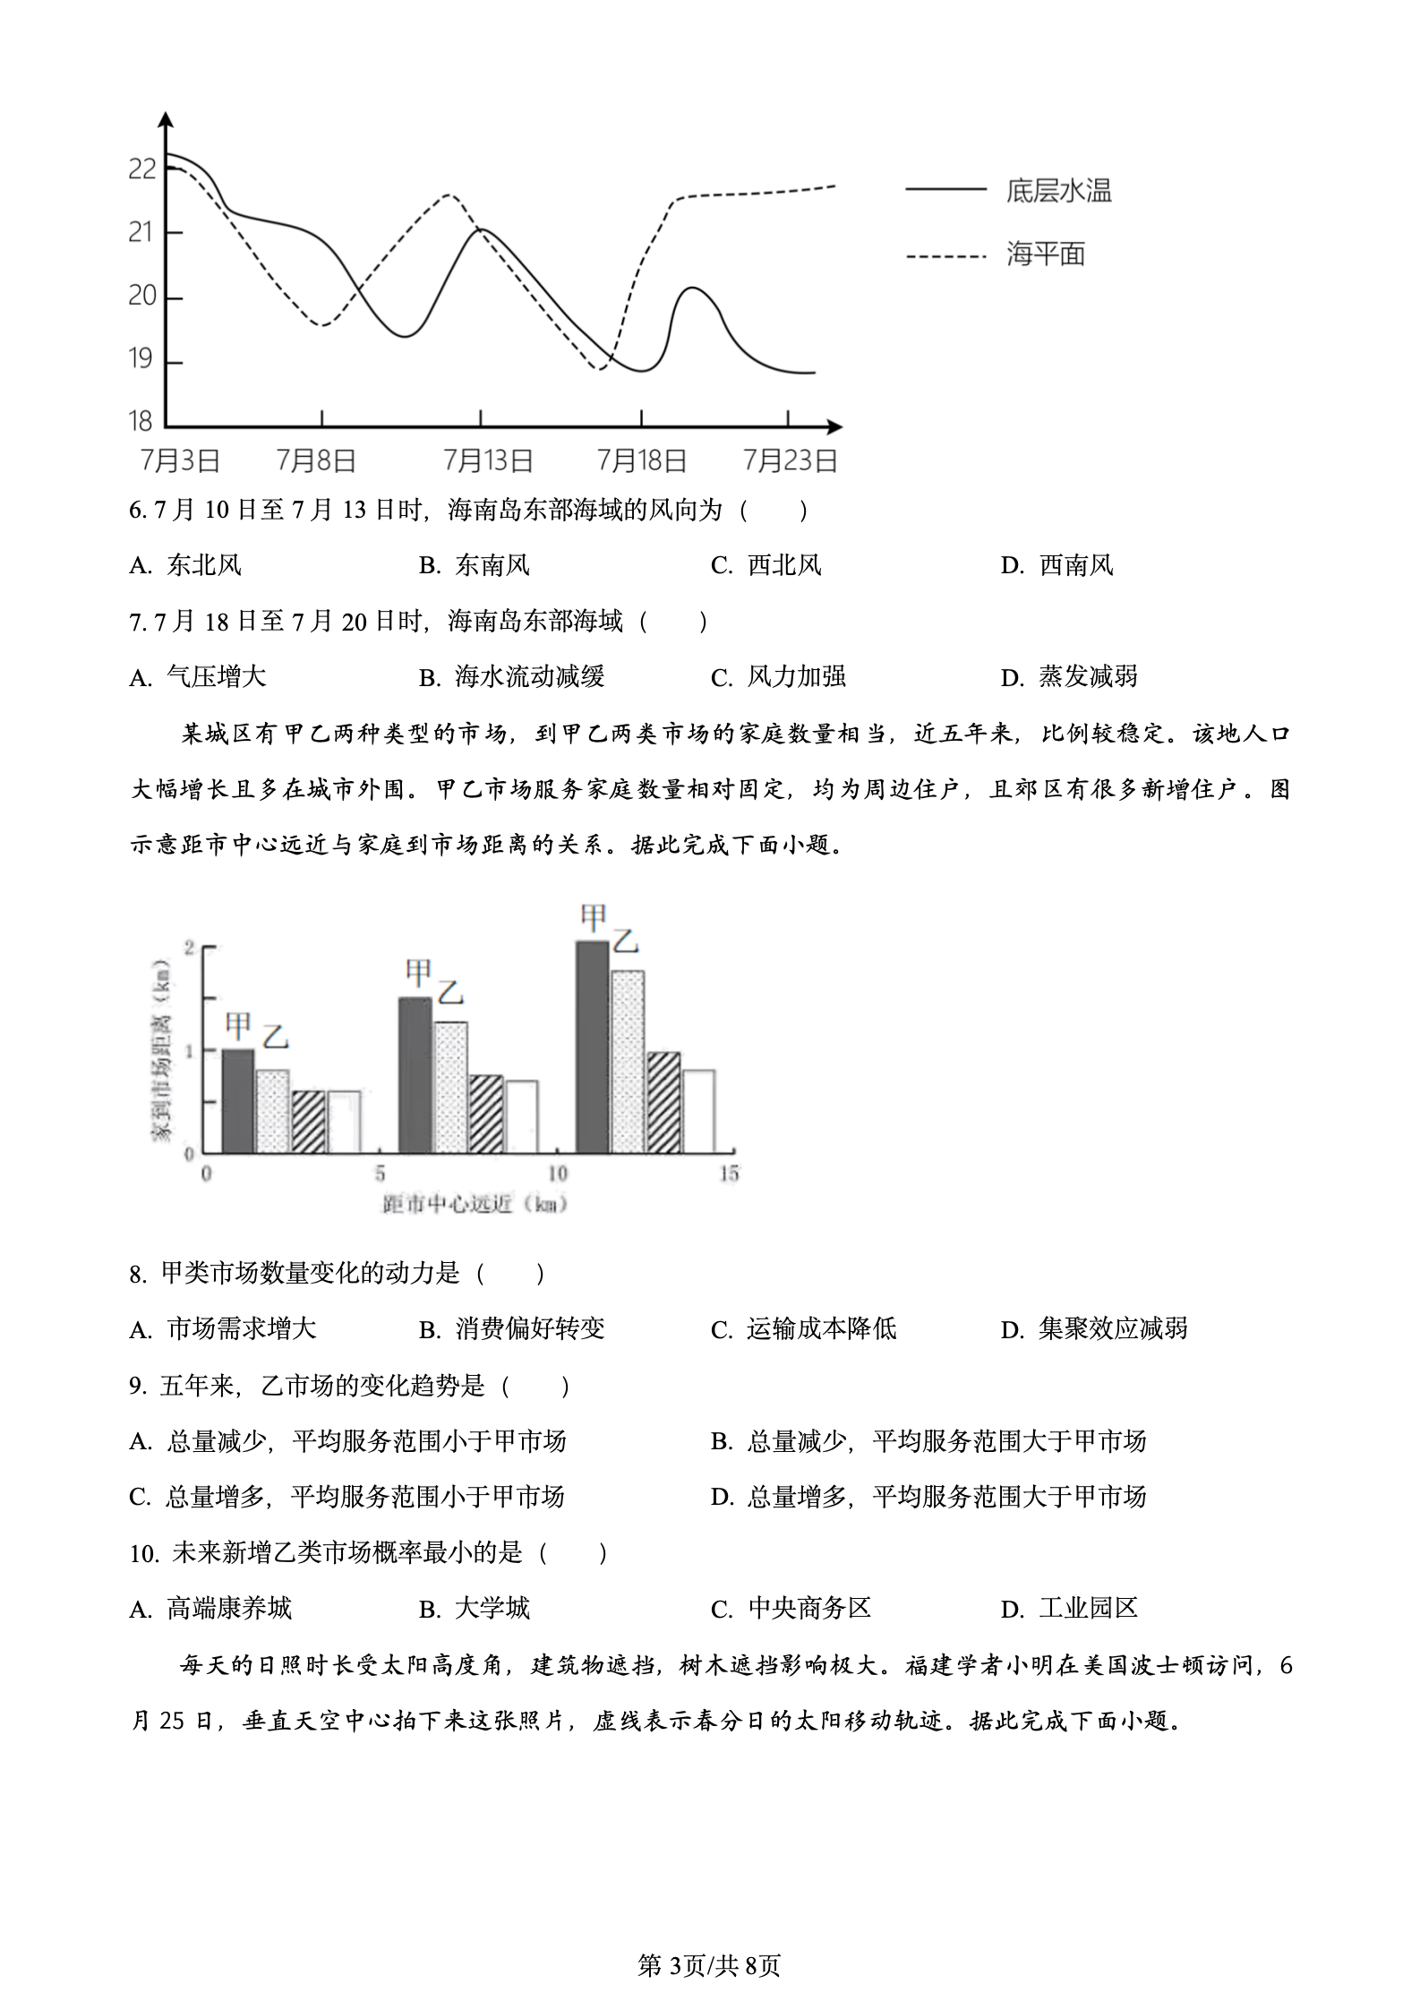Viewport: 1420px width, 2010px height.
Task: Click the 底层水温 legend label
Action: pyautogui.click(x=1058, y=191)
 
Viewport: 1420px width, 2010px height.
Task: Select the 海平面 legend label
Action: pyautogui.click(x=1045, y=254)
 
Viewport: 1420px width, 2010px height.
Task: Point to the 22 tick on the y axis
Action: pyautogui.click(x=142, y=169)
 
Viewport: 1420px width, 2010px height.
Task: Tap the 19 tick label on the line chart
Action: pyautogui.click(x=142, y=359)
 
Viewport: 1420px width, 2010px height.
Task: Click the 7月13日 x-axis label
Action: pyautogui.click(x=488, y=461)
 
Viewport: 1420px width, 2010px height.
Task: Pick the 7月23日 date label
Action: pyautogui.click(x=790, y=461)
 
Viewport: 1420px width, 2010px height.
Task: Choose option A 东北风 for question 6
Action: pyautogui.click(x=186, y=565)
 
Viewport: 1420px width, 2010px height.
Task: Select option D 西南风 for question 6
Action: pyautogui.click(x=1057, y=565)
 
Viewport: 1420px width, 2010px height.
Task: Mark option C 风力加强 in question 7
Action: pyautogui.click(x=779, y=676)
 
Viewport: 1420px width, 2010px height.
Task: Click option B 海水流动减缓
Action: pyautogui.click(x=512, y=676)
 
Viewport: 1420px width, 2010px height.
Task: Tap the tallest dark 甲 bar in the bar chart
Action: pyautogui.click(x=592, y=1046)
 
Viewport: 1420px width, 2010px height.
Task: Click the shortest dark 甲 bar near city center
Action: pyautogui.click(x=237, y=1101)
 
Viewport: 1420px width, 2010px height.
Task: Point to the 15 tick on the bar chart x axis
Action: pyautogui.click(x=729, y=1173)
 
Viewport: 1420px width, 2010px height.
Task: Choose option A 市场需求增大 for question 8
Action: pyautogui.click(x=224, y=1328)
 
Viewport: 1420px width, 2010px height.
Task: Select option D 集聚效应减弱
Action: pyautogui.click(x=1094, y=1328)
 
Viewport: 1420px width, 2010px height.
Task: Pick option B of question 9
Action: pyautogui.click(x=928, y=1441)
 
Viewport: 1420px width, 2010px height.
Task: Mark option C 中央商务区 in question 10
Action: pyautogui.click(x=791, y=1609)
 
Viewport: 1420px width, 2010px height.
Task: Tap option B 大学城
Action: pyautogui.click(x=475, y=1609)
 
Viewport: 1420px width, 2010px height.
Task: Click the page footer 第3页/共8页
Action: pyautogui.click(x=709, y=1965)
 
